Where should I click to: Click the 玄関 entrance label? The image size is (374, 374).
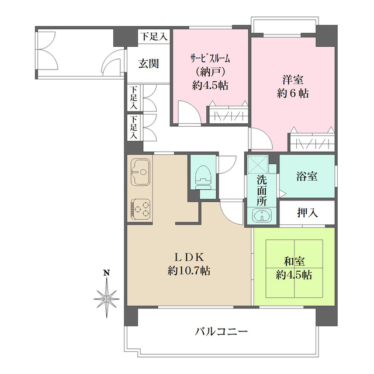pos(148,64)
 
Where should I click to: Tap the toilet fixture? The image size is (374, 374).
pos(203,175)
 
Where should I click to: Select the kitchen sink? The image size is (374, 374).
pos(141,172)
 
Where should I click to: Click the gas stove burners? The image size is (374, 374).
pos(141,207)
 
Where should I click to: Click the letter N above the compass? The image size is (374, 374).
pos(106,273)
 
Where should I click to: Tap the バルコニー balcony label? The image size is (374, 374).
pos(221,331)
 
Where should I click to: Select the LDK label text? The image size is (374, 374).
pos(189,256)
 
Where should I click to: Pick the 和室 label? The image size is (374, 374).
pos(295,261)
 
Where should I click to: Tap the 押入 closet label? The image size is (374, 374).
pos(307,213)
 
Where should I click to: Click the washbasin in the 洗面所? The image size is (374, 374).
pos(261,217)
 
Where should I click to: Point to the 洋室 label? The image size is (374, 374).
pos(293,79)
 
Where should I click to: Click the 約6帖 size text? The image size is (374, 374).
pos(293,93)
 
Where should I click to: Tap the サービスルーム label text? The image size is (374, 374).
pos(210,58)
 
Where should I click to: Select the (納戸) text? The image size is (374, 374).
pos(210,71)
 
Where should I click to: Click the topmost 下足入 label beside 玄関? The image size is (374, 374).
pos(153,37)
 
